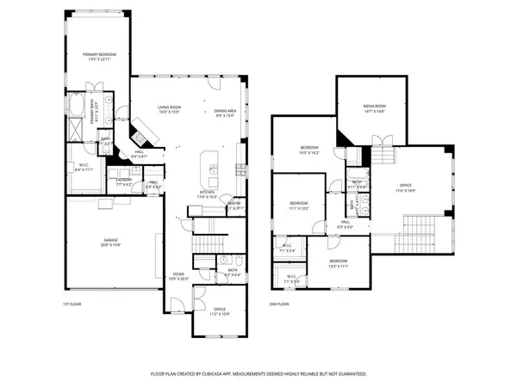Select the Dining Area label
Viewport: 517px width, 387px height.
pyautogui.click(x=225, y=109)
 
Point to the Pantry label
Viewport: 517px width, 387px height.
pyautogui.click(x=235, y=205)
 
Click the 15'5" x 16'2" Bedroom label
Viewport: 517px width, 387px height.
pyautogui.click(x=309, y=150)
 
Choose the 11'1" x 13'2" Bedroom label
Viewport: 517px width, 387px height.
pyautogui.click(x=297, y=206)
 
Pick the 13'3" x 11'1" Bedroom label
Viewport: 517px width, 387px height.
pyautogui.click(x=338, y=262)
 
